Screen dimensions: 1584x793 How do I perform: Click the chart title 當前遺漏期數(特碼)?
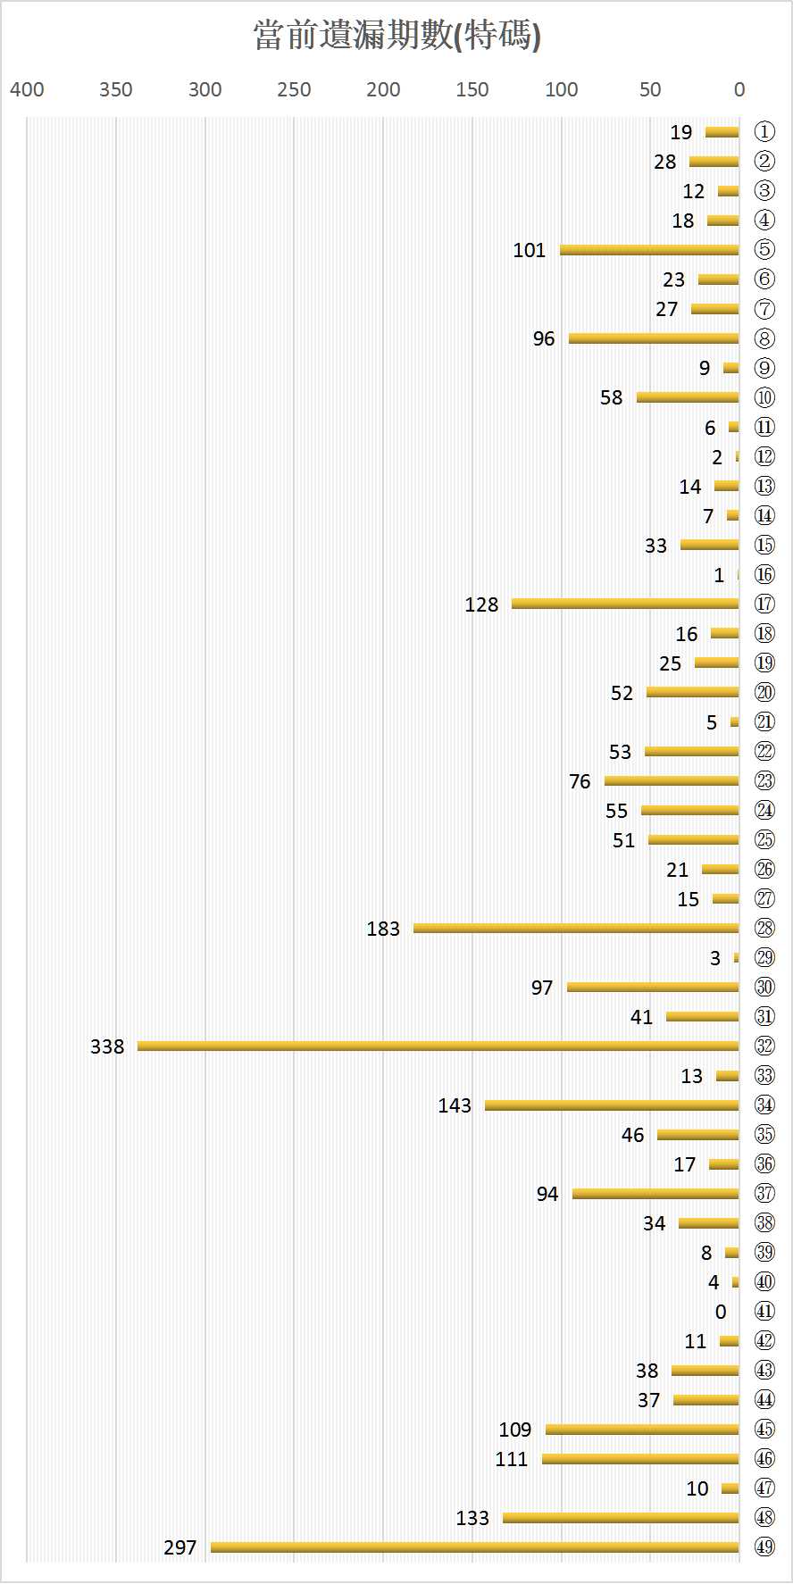click(x=396, y=37)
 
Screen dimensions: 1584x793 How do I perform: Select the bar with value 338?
click(x=438, y=1046)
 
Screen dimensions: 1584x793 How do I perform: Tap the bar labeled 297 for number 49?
click(x=474, y=1546)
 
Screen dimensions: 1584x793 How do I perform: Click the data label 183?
click(x=383, y=929)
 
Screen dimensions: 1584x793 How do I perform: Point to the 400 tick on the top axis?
click(x=27, y=89)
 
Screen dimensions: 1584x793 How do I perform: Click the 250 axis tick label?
click(x=294, y=89)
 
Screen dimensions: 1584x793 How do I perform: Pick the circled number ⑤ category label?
click(x=764, y=250)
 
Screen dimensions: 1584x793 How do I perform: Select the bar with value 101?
click(x=649, y=250)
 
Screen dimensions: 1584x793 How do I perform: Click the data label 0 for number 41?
click(x=721, y=1312)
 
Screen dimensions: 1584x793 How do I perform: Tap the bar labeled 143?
click(x=612, y=1105)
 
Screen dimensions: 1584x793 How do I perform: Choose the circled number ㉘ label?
click(x=764, y=929)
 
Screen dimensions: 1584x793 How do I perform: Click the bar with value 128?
click(x=625, y=604)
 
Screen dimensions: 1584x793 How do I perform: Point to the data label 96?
click(x=544, y=338)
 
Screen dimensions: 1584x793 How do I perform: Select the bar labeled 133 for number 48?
click(x=621, y=1518)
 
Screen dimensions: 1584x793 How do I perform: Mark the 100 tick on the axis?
click(x=561, y=89)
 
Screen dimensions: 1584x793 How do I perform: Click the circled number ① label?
click(x=764, y=132)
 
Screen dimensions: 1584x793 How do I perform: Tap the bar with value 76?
click(x=672, y=781)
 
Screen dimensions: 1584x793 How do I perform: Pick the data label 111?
click(x=512, y=1459)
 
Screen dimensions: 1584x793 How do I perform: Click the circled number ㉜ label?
click(x=764, y=1046)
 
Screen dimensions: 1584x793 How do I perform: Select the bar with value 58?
click(x=688, y=397)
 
